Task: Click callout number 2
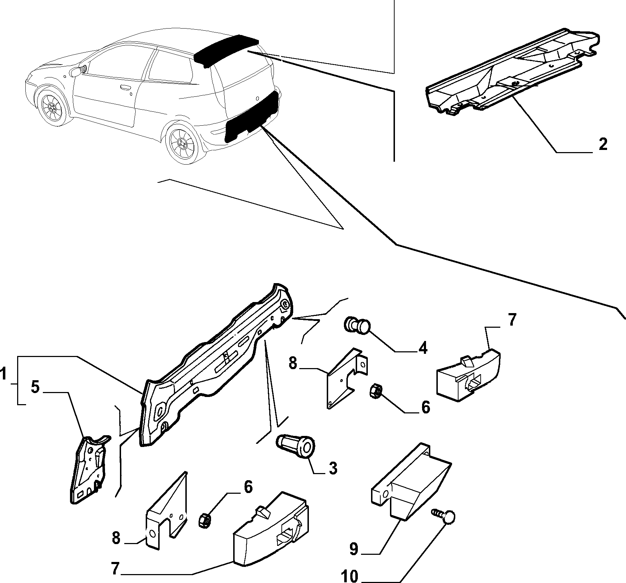coord(602,145)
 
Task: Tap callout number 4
coord(423,347)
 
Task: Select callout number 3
coord(332,468)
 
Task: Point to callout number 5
coord(35,387)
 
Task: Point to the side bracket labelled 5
coord(90,469)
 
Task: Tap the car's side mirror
coord(76,72)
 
